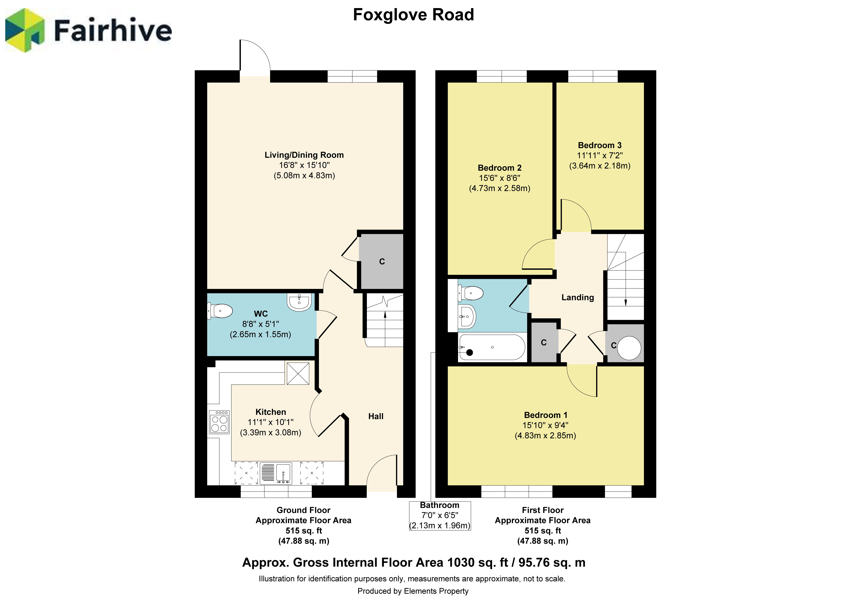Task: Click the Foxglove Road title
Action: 413,15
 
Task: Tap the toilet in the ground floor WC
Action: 220,311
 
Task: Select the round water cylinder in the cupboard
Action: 629,348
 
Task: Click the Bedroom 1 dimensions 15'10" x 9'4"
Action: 545,425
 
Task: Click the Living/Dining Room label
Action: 304,155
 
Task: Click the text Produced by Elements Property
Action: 413,591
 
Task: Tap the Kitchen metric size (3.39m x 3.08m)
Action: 271,432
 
